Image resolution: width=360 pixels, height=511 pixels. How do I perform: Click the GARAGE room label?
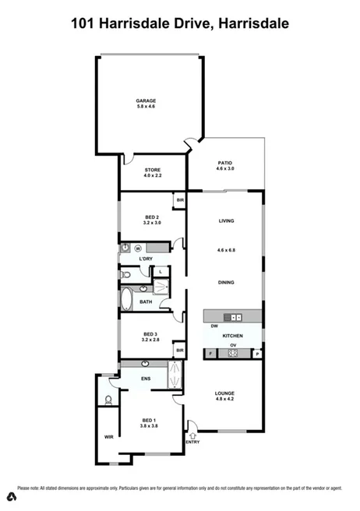[146, 100]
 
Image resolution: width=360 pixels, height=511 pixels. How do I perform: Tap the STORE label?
[152, 171]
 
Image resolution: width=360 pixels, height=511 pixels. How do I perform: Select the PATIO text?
[224, 164]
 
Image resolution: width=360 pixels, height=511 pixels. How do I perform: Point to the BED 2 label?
[152, 218]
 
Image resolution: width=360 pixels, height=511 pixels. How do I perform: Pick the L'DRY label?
[145, 259]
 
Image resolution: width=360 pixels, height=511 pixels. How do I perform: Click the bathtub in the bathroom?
[126, 300]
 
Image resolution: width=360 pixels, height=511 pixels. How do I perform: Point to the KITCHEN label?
[233, 336]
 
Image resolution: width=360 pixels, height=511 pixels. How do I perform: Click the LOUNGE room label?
[224, 393]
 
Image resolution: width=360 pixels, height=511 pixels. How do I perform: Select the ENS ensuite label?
[145, 379]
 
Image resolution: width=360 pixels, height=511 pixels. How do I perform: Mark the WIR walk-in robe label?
[108, 437]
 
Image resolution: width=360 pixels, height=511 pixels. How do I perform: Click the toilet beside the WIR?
[108, 400]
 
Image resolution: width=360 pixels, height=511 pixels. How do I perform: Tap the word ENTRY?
[192, 443]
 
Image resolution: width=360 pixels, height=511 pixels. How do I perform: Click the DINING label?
[226, 283]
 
